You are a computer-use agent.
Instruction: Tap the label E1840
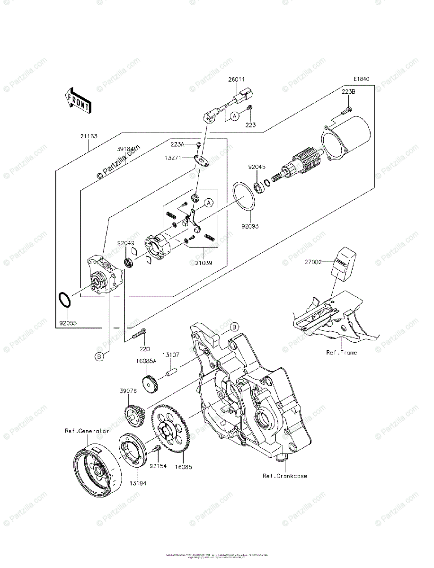click(360, 79)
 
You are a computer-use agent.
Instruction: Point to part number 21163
click(89, 136)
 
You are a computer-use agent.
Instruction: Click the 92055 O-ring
click(65, 300)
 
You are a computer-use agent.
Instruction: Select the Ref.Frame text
click(341, 353)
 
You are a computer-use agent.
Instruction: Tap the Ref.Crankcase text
click(285, 476)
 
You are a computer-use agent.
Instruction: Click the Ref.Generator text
click(87, 431)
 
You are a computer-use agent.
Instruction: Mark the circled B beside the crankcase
click(234, 327)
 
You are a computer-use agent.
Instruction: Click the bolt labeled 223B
click(349, 110)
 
